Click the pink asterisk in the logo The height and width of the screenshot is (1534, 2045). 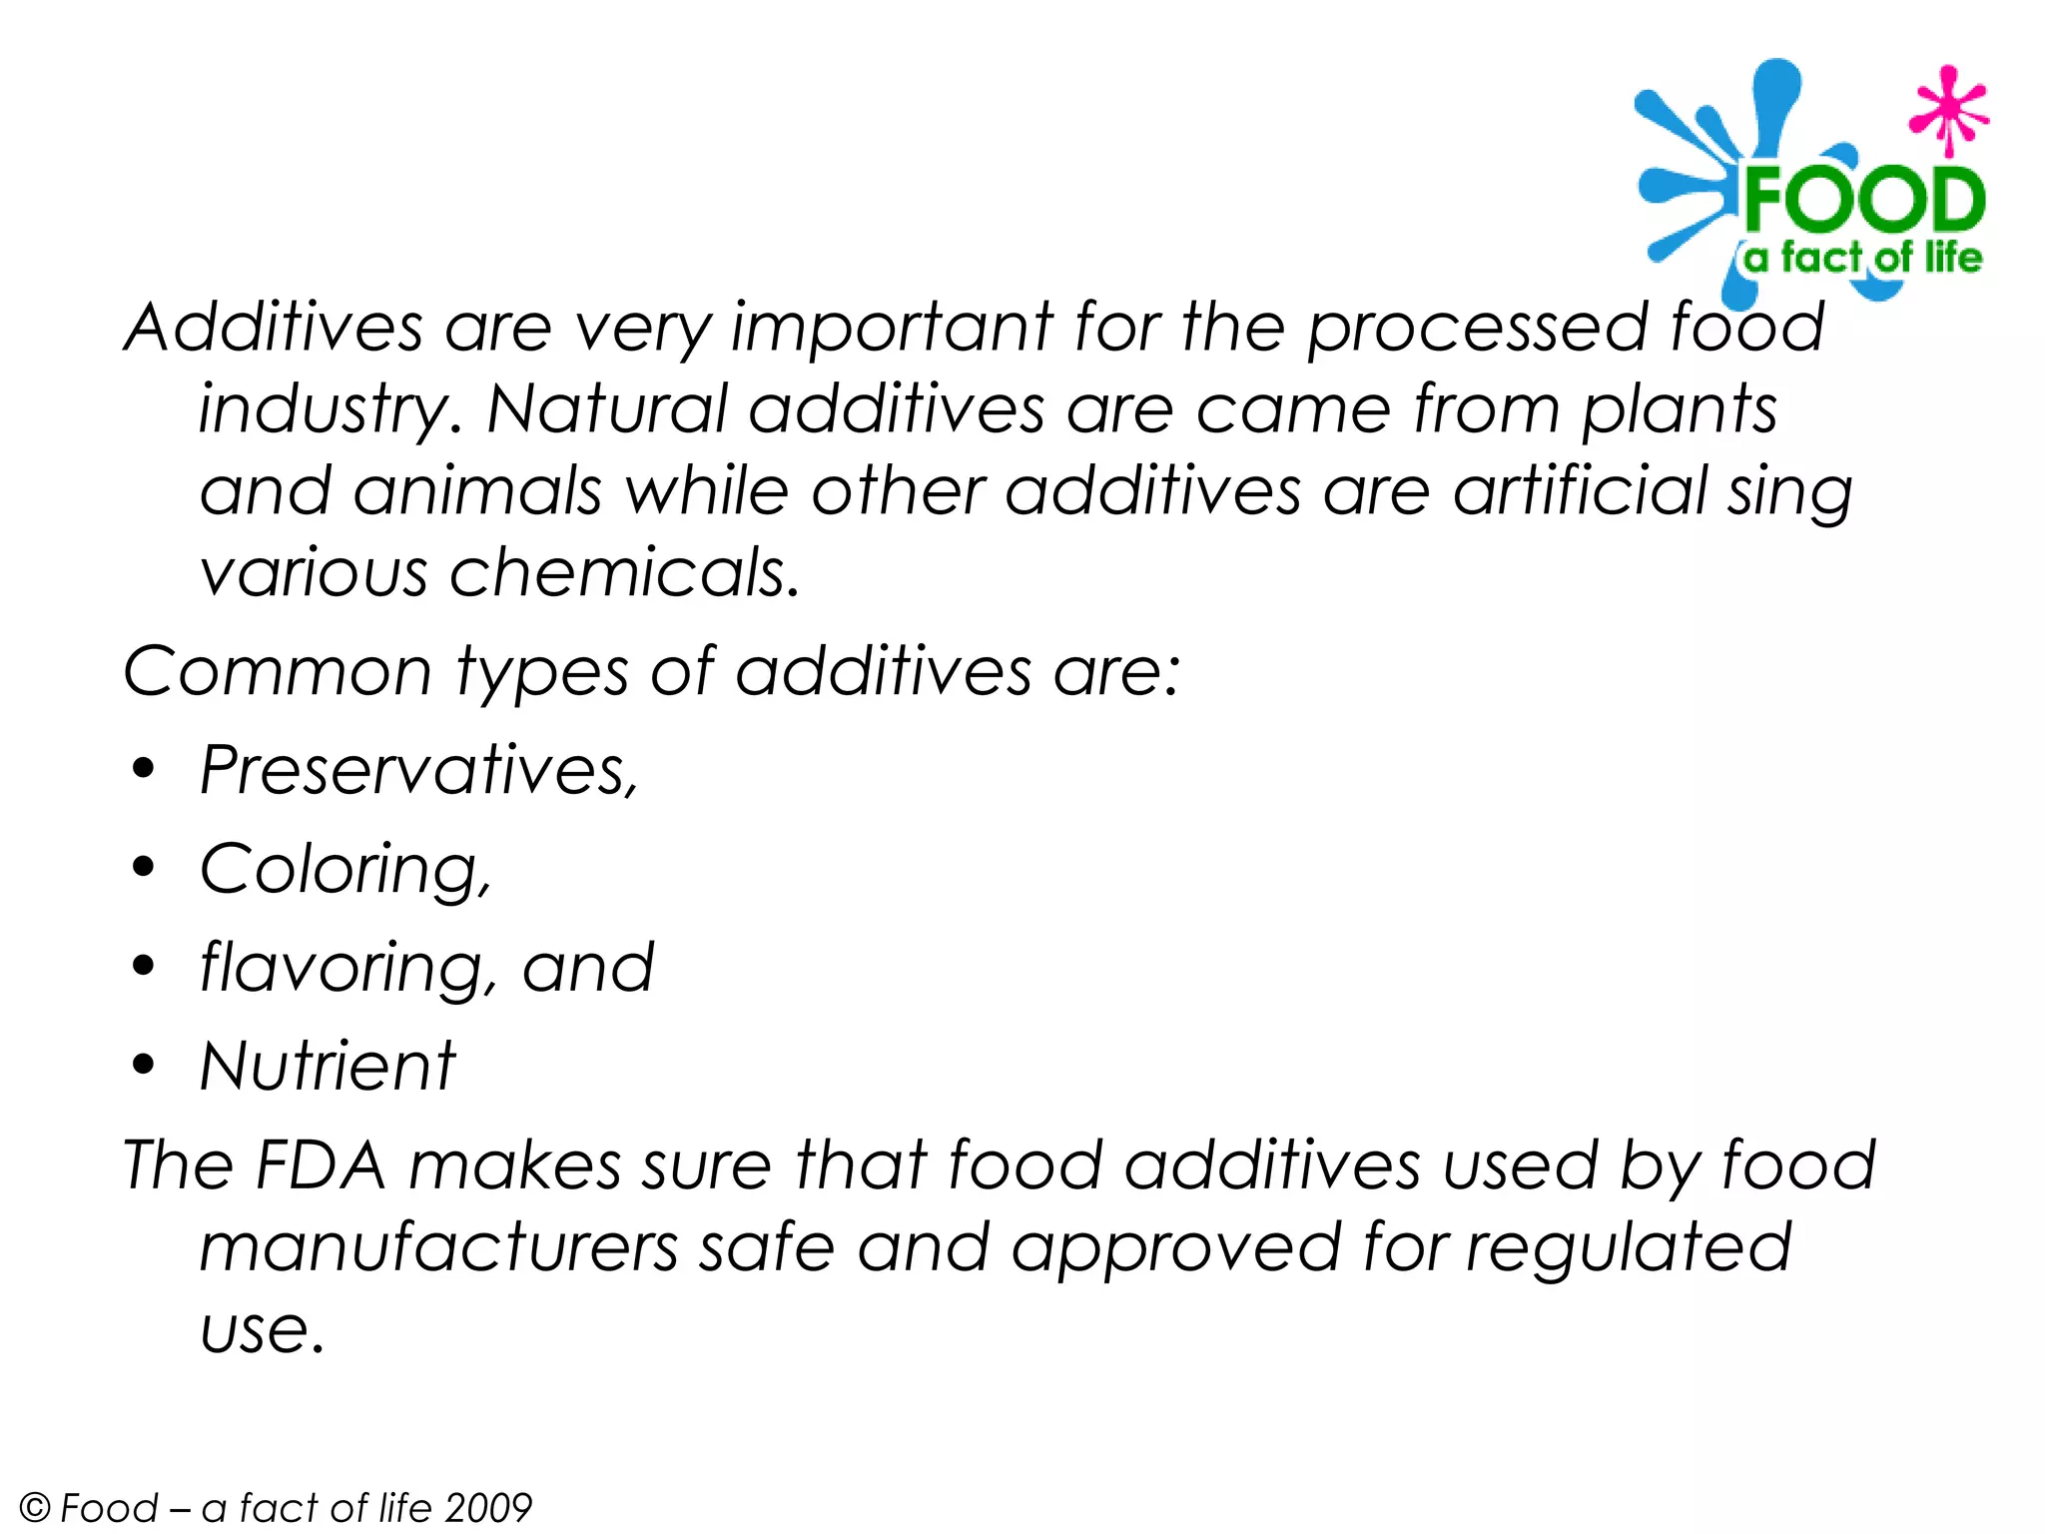[1947, 110]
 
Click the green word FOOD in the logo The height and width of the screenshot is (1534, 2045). [1863, 200]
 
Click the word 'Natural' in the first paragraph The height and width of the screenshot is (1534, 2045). [606, 409]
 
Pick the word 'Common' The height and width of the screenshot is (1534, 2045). [278, 671]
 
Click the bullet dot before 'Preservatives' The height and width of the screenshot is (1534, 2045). [145, 769]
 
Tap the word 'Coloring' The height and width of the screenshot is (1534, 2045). [341, 869]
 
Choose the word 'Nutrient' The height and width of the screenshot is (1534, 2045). [328, 1066]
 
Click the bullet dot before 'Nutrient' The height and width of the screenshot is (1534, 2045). [145, 1065]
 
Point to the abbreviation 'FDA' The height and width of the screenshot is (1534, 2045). [321, 1165]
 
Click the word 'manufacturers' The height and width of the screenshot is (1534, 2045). [439, 1248]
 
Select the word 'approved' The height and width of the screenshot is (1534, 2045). [1176, 1248]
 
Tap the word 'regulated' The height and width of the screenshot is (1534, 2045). [1628, 1248]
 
